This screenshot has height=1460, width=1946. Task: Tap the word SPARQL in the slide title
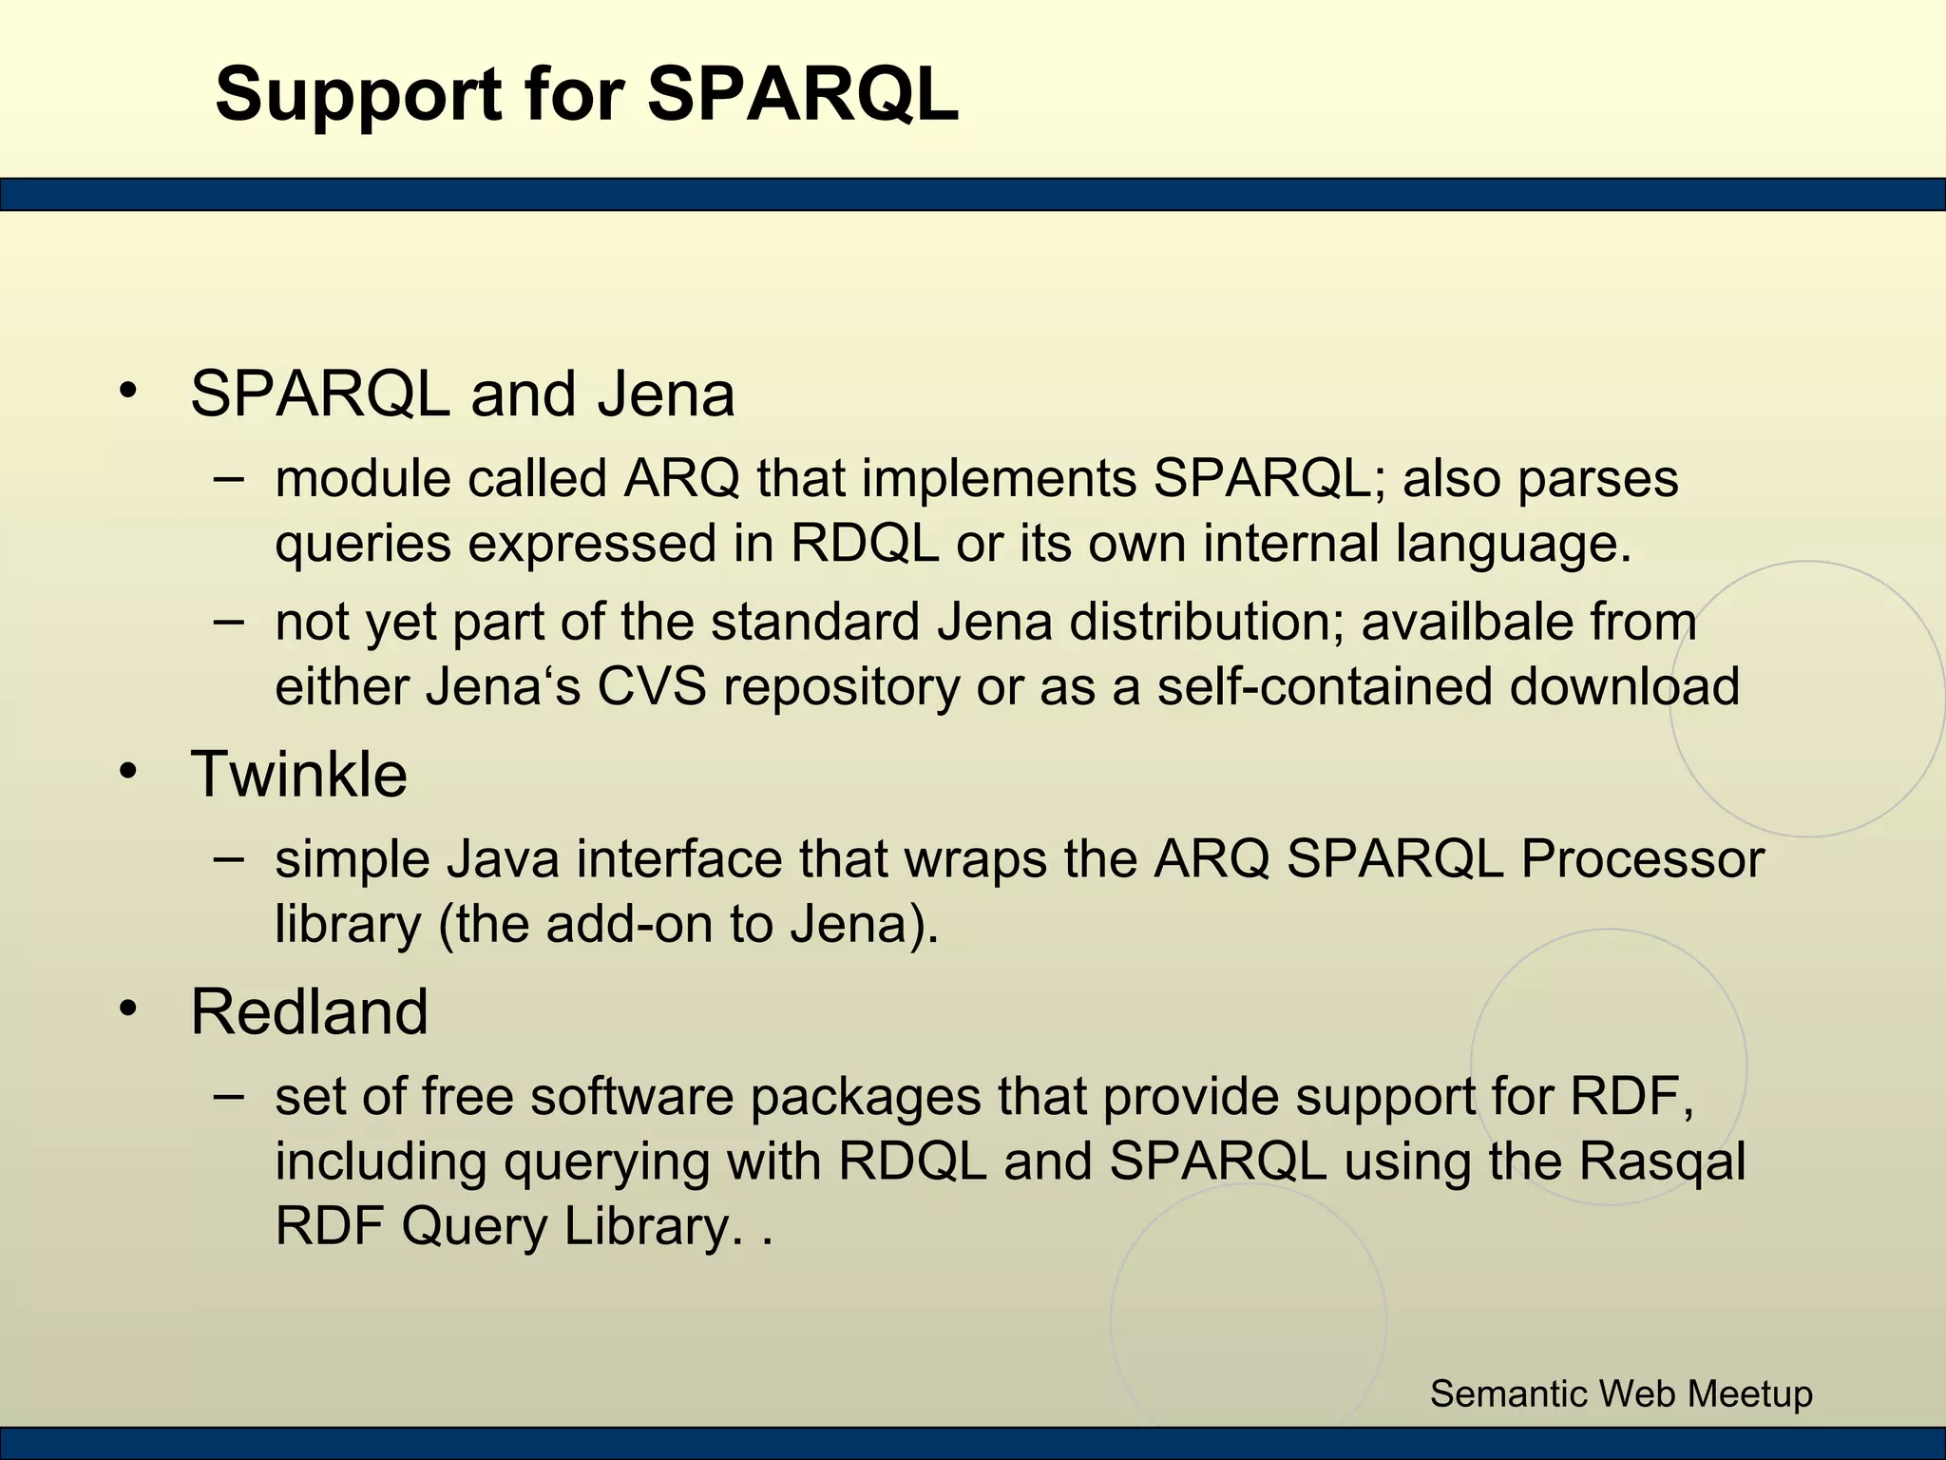pyautogui.click(x=803, y=95)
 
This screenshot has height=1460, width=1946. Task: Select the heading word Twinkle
pyautogui.click(x=299, y=774)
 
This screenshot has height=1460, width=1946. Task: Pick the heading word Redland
pyautogui.click(x=310, y=1011)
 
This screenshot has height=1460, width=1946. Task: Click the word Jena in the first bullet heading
pyautogui.click(x=666, y=394)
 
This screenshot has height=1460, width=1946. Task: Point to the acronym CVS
pyautogui.click(x=652, y=687)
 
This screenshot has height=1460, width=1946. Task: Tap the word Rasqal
pyautogui.click(x=1662, y=1162)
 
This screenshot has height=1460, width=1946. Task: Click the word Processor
pyautogui.click(x=1642, y=859)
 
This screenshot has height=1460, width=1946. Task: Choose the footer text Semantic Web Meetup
pyautogui.click(x=1621, y=1393)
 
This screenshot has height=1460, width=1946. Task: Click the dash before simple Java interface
pyautogui.click(x=229, y=858)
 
